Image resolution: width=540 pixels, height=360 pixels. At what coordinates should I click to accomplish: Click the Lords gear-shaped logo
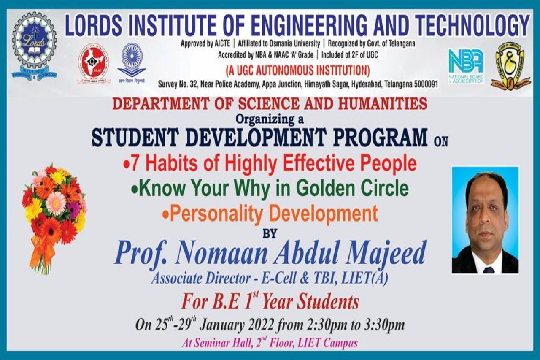point(34,46)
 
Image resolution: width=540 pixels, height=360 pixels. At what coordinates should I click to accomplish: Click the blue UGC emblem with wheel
point(132,60)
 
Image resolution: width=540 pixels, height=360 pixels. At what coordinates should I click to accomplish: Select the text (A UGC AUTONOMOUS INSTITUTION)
point(298,69)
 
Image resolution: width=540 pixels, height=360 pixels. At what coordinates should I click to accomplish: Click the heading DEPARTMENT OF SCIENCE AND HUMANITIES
point(270,103)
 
